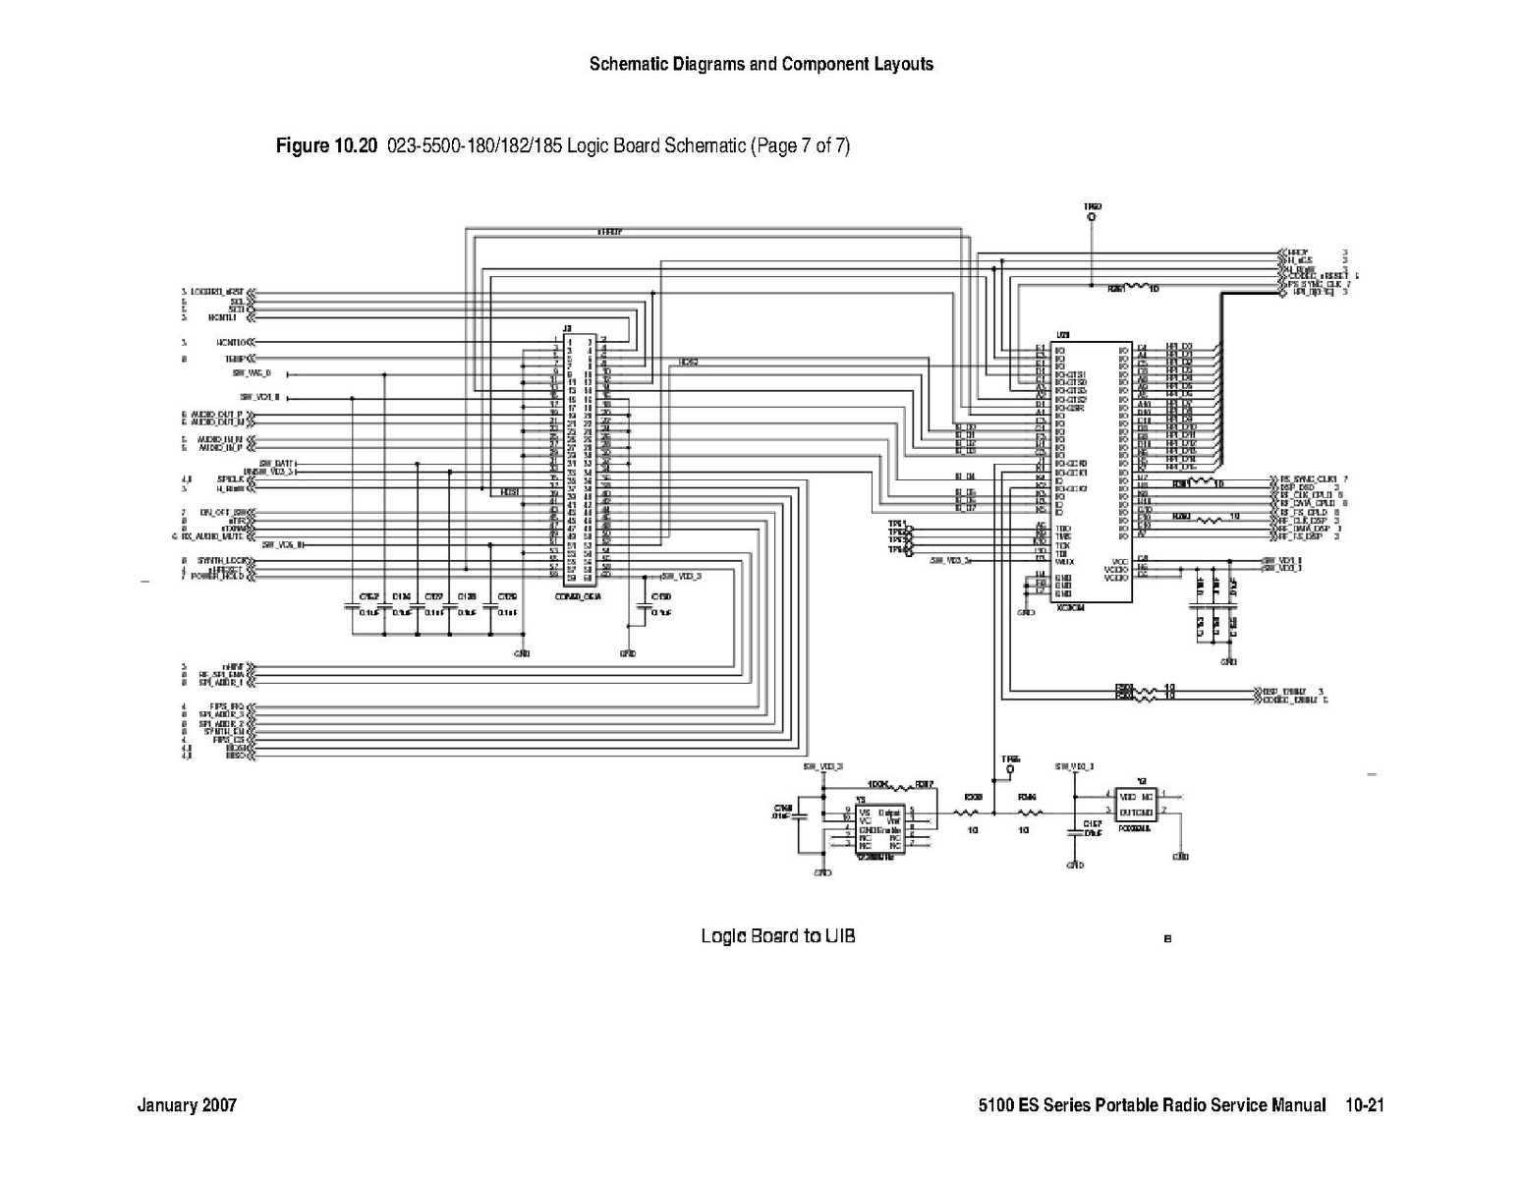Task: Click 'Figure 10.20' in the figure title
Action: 326,146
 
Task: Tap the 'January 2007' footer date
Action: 187,1105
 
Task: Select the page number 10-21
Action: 1365,1105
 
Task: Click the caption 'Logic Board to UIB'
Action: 777,935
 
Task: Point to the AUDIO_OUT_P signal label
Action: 217,415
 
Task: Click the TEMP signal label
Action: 234,360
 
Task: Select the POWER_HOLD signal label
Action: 218,577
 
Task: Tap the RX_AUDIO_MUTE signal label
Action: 211,536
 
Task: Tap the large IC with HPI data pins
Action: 1091,472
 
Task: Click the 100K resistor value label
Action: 878,785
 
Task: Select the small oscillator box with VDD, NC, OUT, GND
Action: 1136,805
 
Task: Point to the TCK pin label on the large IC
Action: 1062,545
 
